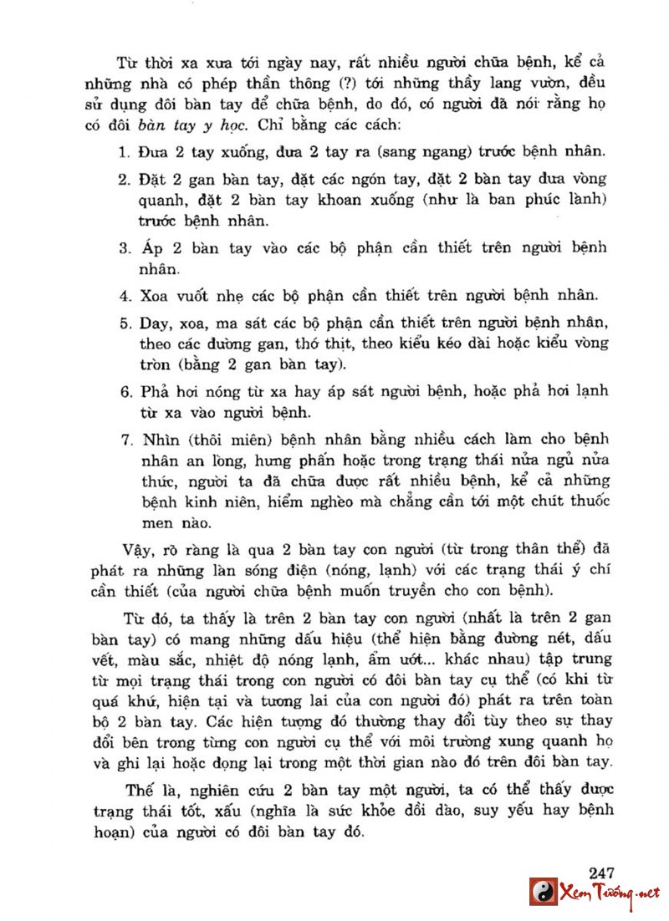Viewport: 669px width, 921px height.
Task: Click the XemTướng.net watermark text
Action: (610, 893)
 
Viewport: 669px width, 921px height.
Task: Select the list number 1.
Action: (122, 153)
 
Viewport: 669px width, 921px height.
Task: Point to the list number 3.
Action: (122, 248)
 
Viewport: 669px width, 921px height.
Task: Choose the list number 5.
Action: (122, 323)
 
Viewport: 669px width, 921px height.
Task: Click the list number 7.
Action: (122, 440)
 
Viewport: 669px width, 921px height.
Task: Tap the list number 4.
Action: (122, 295)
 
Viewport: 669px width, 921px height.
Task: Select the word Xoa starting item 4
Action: (156, 295)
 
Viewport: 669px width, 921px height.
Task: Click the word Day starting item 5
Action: (155, 323)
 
